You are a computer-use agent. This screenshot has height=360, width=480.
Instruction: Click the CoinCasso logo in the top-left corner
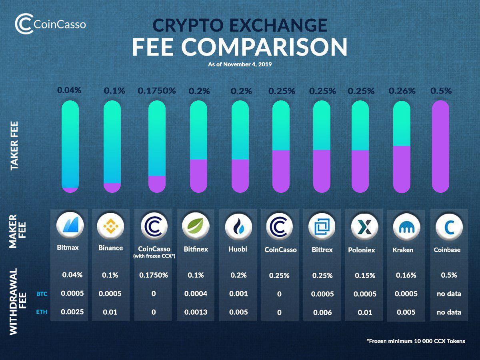pos(50,24)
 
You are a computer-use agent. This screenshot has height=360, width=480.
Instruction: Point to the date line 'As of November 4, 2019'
pos(240,64)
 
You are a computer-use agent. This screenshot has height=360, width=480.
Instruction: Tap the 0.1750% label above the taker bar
pos(157,91)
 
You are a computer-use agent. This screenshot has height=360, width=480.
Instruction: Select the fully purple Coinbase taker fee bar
pos(441,146)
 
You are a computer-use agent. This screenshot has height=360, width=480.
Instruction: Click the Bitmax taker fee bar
pos(70,147)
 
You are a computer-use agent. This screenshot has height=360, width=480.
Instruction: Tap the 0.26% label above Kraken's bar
pos(402,91)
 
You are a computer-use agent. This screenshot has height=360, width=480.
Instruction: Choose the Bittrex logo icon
pos(322,227)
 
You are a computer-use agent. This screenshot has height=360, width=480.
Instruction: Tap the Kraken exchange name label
pos(403,250)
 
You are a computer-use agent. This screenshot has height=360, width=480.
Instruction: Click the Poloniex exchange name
pos(362,250)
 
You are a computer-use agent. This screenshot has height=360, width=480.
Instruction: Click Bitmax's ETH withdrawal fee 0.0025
pos(72,312)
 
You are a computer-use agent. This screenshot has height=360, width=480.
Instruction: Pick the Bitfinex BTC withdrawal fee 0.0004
pos(196,294)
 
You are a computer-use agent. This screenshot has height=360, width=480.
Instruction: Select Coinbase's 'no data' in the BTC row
pos(449,294)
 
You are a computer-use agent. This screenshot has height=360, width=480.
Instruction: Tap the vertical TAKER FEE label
pos(15,146)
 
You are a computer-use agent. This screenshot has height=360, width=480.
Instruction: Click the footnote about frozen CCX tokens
pos(416,341)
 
